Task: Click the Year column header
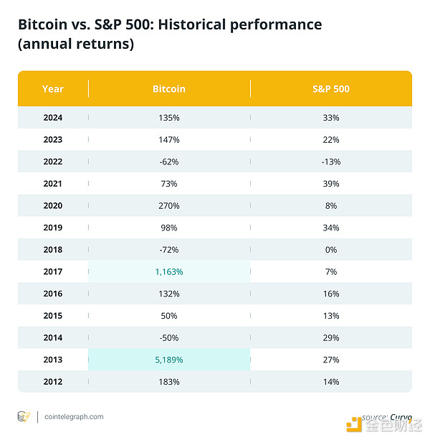(52, 89)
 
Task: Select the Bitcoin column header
(169, 89)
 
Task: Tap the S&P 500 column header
(331, 89)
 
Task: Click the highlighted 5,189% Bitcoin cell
(169, 360)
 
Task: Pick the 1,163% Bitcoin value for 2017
(169, 271)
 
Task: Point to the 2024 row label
(52, 118)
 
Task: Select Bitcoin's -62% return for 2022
(169, 162)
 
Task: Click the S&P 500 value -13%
(331, 162)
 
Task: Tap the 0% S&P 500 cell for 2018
(331, 250)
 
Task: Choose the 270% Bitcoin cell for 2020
(169, 205)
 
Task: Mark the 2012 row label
(52, 382)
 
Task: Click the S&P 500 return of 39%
(331, 184)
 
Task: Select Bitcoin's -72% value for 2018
(169, 250)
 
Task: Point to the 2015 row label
(52, 316)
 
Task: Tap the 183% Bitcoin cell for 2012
(169, 382)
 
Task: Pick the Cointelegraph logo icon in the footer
(24, 416)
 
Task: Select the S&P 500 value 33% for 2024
(331, 118)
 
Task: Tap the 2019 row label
(52, 228)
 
